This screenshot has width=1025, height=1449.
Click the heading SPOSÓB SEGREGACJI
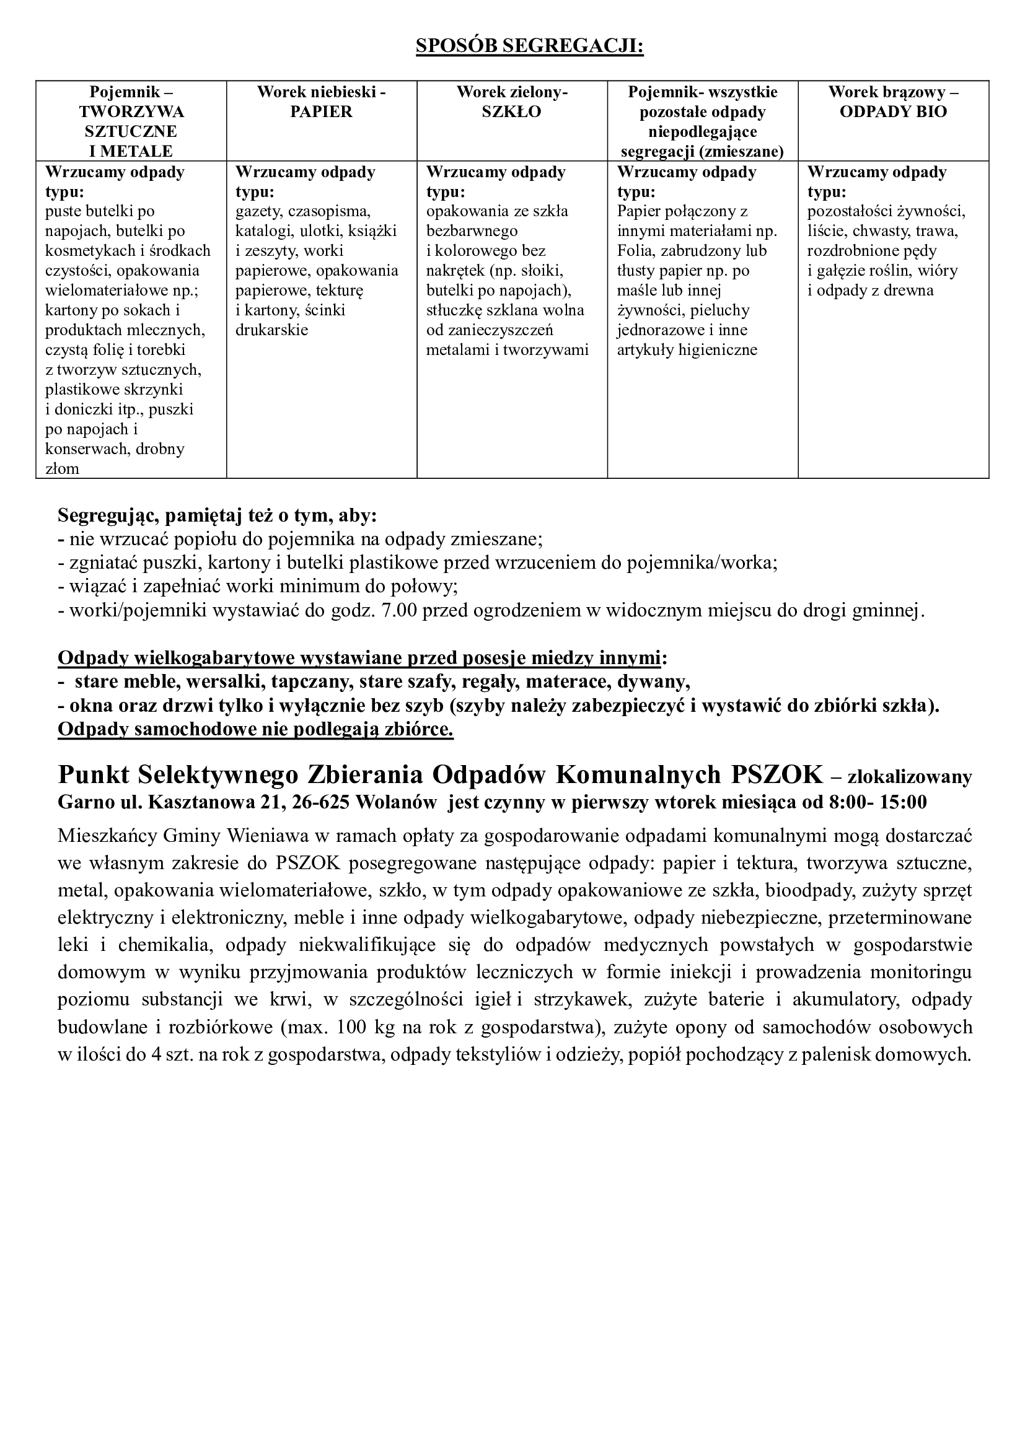click(529, 46)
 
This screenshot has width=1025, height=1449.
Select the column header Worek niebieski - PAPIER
click(321, 102)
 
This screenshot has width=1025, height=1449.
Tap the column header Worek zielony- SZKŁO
click(512, 102)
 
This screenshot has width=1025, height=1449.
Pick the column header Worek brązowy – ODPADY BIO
click(893, 102)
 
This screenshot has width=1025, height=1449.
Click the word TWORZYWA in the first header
click(131, 112)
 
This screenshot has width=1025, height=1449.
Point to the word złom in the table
click(63, 469)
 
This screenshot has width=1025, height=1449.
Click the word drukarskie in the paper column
click(271, 330)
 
